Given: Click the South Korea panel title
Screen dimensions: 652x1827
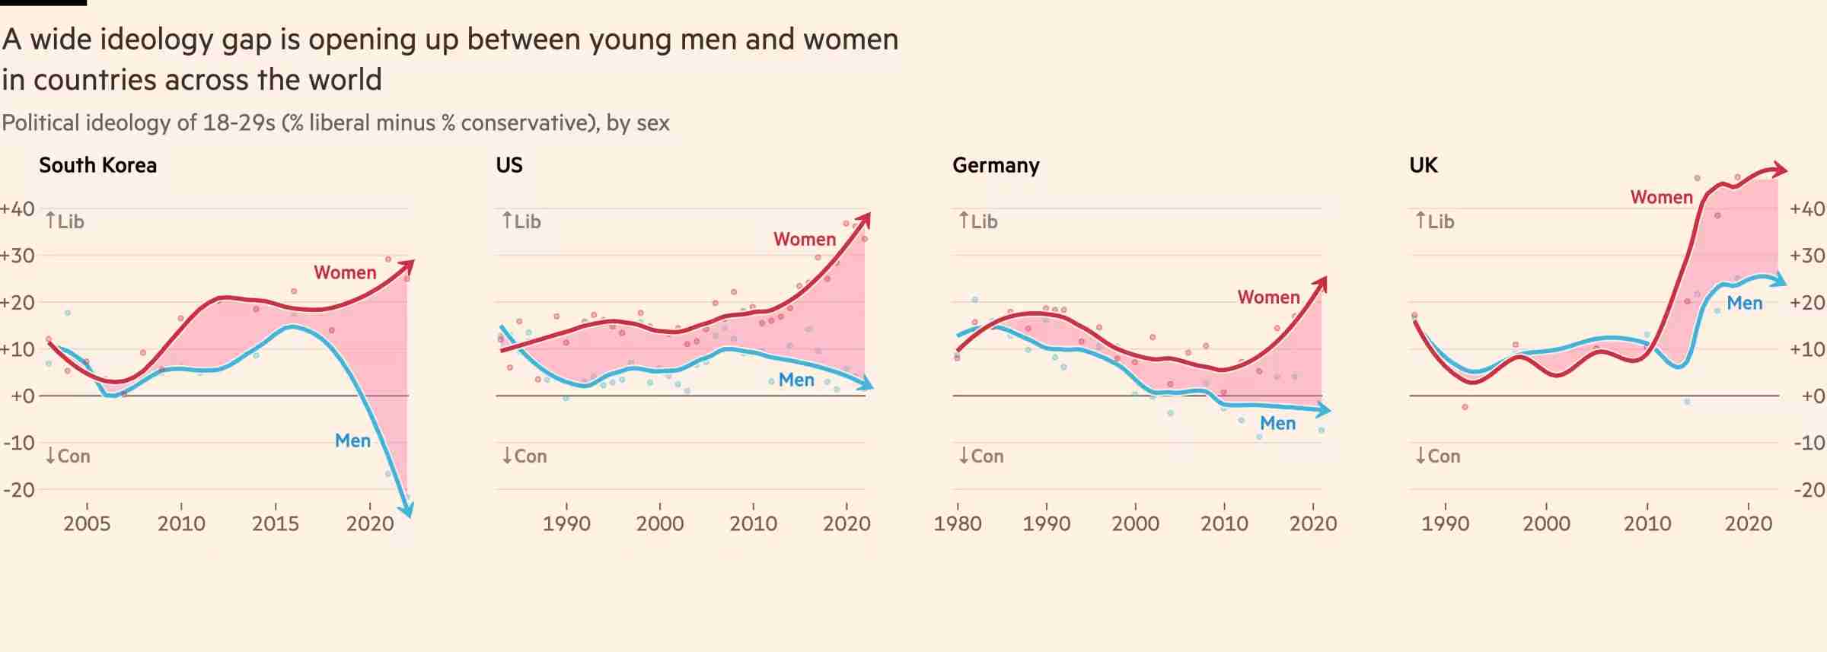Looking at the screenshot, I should point(97,165).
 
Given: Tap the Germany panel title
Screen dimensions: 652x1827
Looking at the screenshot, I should point(996,165).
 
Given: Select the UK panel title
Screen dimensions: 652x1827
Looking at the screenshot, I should point(1423,165).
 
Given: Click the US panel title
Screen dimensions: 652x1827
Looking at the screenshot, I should point(509,165).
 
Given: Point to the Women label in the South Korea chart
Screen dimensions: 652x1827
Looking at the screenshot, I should point(345,272).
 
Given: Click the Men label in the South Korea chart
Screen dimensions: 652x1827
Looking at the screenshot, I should point(352,440).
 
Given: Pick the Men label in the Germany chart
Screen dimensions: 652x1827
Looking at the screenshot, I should point(1277,423).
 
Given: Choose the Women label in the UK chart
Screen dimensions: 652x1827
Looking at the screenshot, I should point(1661,197).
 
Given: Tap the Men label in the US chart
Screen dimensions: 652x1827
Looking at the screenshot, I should point(796,380).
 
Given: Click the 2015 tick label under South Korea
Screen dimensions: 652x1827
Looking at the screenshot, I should point(276,523).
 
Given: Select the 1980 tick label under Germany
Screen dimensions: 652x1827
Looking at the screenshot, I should point(958,523).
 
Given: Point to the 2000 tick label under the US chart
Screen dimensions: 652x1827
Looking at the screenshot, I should point(660,523).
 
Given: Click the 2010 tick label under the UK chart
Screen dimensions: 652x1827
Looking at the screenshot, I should point(1647,523).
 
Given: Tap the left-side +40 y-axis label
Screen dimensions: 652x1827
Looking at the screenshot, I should point(18,208).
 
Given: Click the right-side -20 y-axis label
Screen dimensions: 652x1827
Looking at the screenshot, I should point(1809,489).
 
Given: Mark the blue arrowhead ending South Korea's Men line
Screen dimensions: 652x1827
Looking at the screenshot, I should point(407,511).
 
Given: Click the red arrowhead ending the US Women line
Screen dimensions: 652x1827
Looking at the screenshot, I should point(865,219).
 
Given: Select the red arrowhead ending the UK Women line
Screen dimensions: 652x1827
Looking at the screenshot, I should point(1780,169).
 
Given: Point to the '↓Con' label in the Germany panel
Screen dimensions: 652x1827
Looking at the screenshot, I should point(981,456).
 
